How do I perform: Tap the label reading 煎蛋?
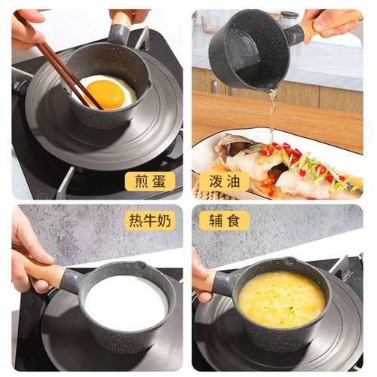click(x=150, y=181)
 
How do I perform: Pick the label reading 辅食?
click(x=224, y=220)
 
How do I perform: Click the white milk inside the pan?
click(x=125, y=302)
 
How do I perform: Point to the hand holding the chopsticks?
click(x=26, y=30)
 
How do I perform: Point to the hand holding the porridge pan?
click(x=204, y=279)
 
